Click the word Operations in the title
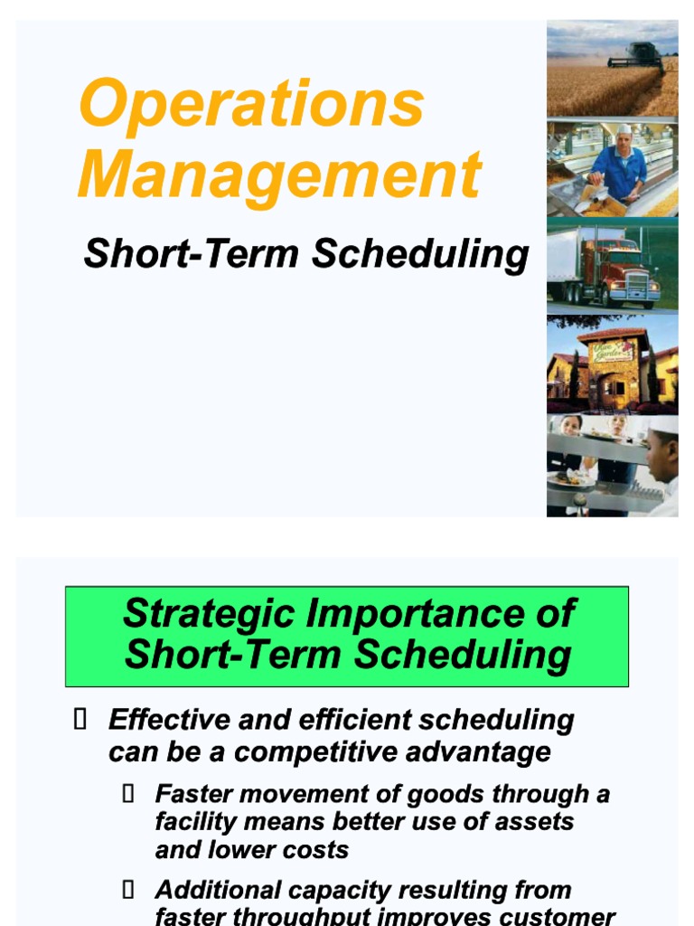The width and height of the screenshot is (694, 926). (251, 104)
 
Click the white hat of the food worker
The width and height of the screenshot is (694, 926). (624, 130)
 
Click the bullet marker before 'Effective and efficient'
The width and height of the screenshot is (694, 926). (80, 720)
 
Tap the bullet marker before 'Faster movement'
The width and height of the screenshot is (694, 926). (127, 794)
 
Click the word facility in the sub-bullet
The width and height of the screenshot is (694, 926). (193, 822)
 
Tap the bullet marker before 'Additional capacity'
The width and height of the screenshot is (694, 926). (127, 890)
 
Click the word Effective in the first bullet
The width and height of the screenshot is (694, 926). (167, 720)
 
